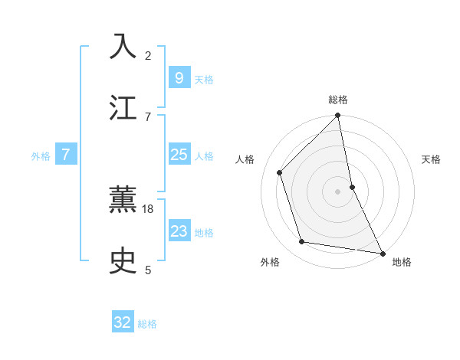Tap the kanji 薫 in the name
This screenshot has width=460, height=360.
click(123, 201)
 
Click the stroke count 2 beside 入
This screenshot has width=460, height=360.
click(148, 56)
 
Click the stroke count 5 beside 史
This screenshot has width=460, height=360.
click(148, 270)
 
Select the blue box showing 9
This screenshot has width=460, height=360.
click(179, 77)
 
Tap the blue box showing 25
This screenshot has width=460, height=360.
click(179, 155)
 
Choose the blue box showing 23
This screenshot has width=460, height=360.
click(179, 231)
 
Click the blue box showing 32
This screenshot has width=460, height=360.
click(123, 322)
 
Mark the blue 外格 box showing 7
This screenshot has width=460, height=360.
click(66, 155)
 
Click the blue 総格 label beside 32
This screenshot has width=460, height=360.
click(147, 324)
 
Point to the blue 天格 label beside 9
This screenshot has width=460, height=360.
click(204, 79)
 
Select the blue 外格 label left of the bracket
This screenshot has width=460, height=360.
click(41, 156)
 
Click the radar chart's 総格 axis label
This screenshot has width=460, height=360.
click(338, 100)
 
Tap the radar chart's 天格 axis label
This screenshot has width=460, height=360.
click(432, 159)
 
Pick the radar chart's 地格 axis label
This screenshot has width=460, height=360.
click(402, 262)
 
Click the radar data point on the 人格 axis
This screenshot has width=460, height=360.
click(280, 172)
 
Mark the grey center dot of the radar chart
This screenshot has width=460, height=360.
click(338, 191)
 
